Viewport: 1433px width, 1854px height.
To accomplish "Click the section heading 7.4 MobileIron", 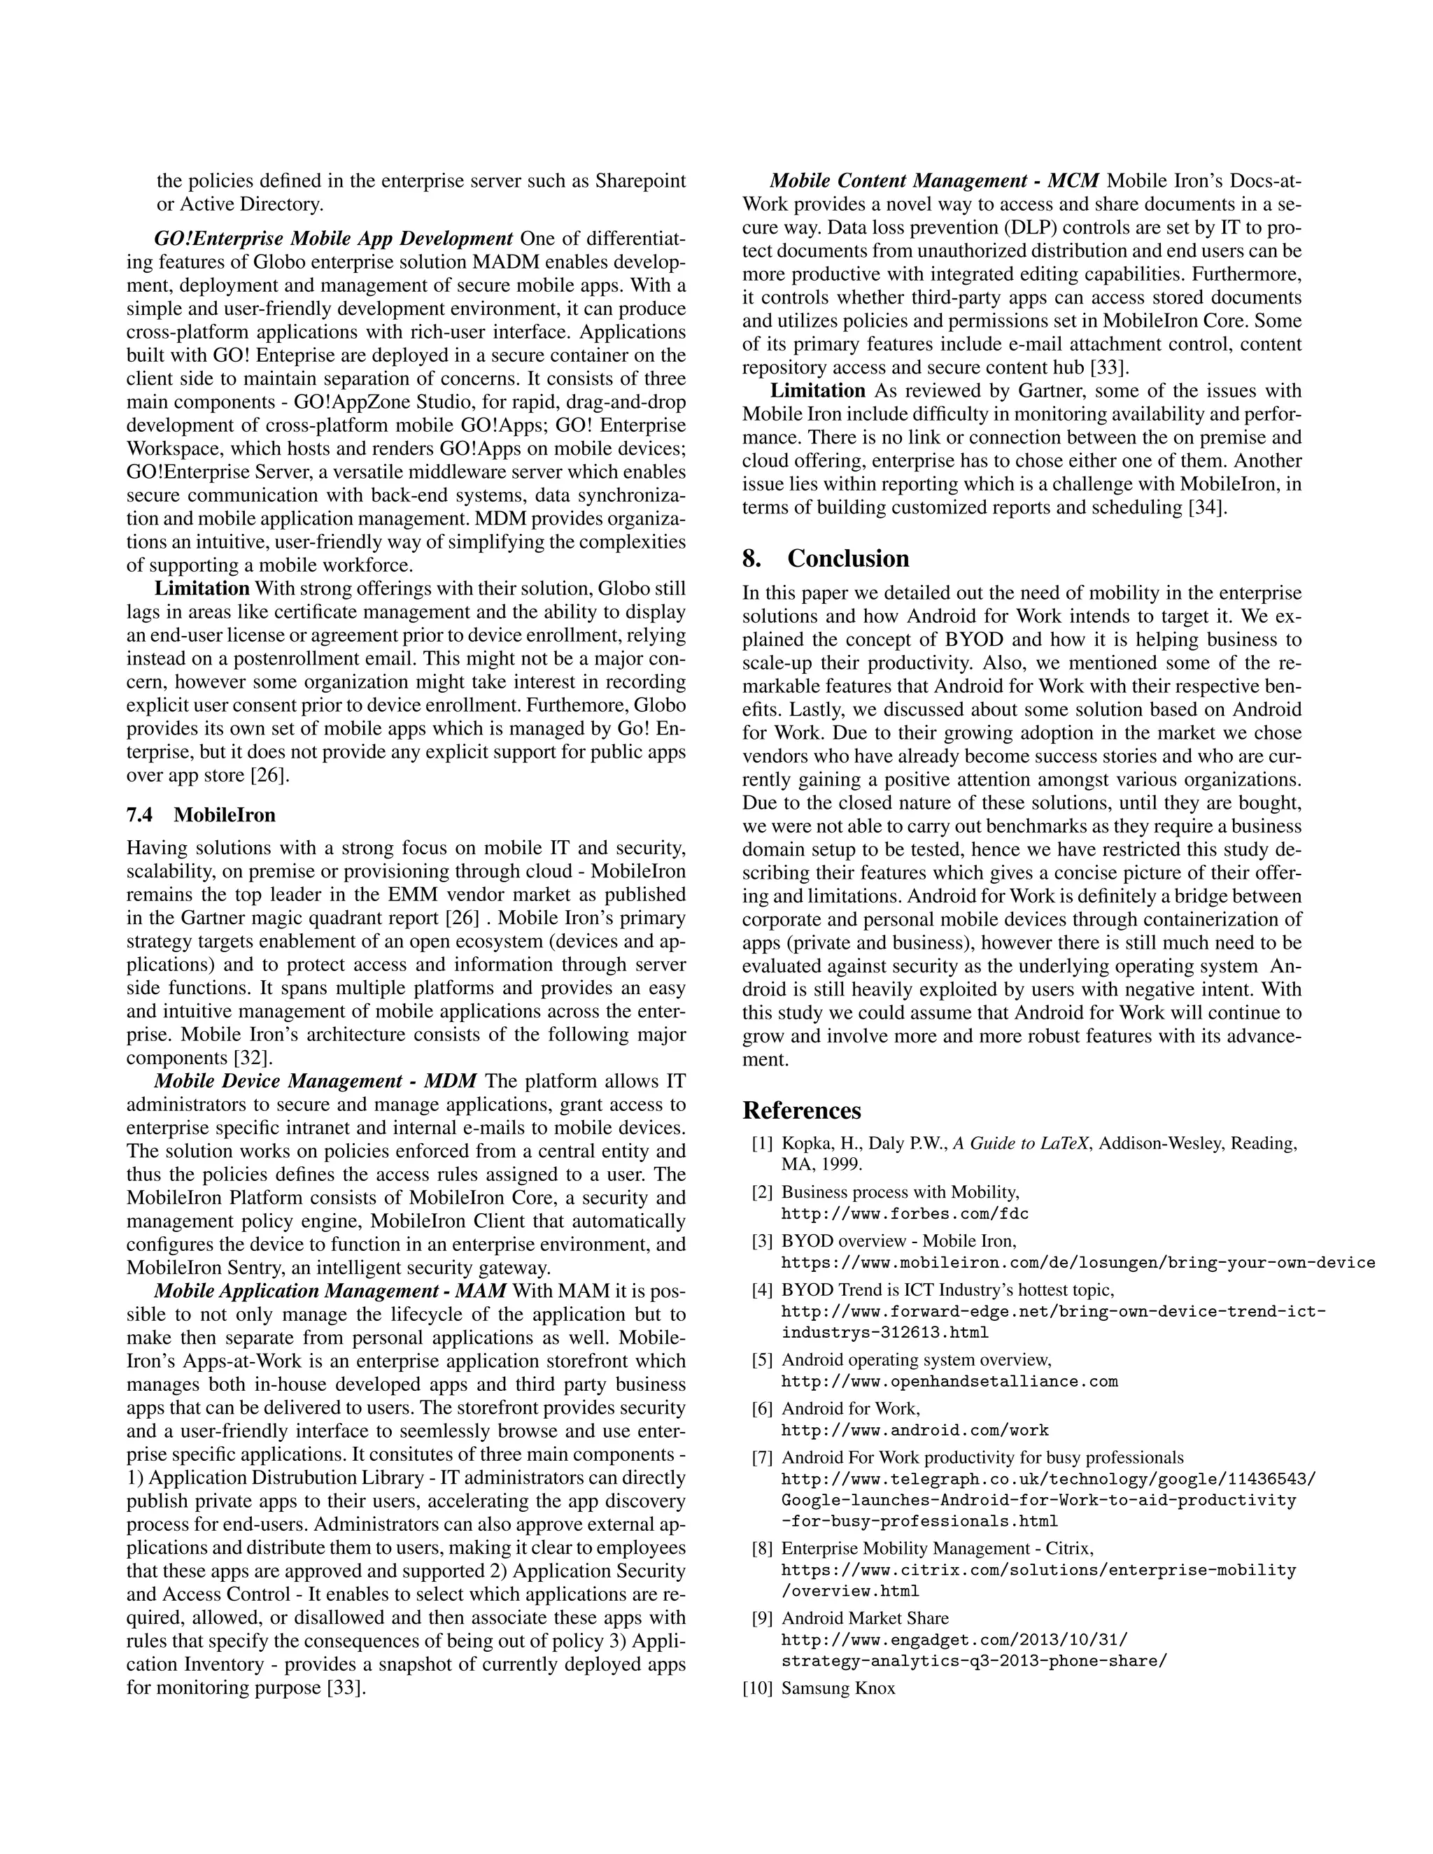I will click(202, 815).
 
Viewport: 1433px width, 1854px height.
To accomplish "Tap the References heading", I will click(801, 1110).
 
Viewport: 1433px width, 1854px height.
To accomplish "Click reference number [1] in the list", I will click(761, 1143).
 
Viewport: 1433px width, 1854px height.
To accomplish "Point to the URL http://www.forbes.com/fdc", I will click(905, 1214).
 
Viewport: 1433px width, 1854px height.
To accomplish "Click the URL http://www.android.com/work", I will click(915, 1431).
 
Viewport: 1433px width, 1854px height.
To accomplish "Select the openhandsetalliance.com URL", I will click(949, 1381).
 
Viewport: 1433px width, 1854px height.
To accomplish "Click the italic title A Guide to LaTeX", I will click(1023, 1143).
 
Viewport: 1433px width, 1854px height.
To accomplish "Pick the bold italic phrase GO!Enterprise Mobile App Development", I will click(334, 238).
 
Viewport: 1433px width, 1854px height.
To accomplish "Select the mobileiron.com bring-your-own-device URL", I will click(1078, 1262).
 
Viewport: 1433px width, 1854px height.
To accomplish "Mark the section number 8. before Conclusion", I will click(751, 558).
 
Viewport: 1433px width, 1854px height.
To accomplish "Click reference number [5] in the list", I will click(761, 1360).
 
